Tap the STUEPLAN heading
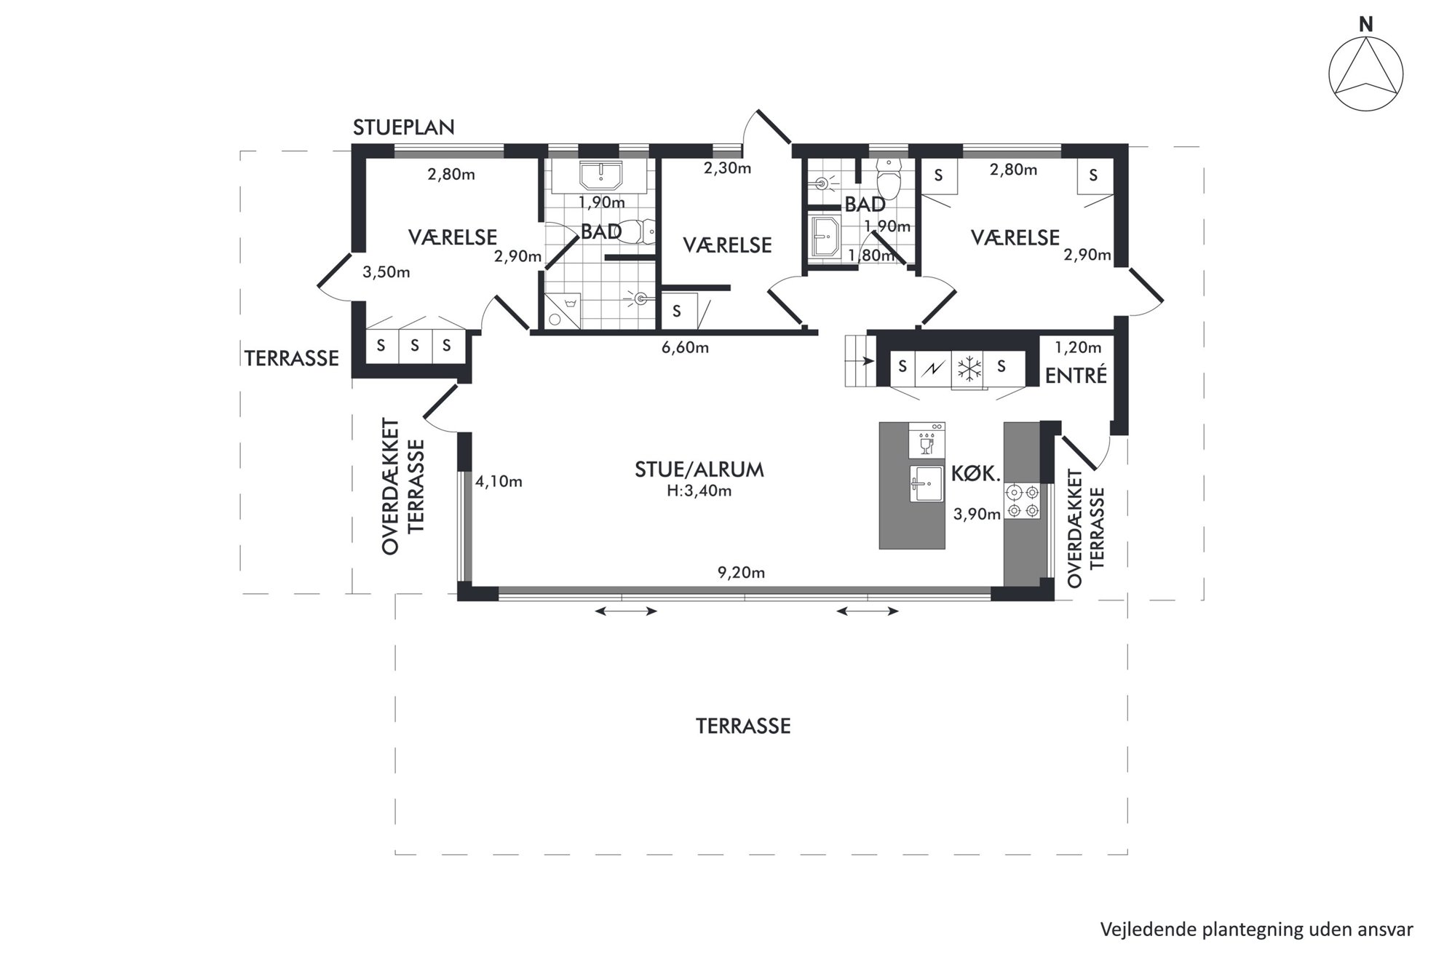tap(404, 127)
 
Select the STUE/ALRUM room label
tap(699, 469)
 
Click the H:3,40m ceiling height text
tap(699, 491)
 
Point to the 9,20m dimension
tap(741, 573)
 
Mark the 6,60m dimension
tap(685, 348)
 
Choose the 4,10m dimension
tap(499, 482)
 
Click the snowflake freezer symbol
tap(969, 368)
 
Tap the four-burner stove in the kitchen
tap(1023, 501)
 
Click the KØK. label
tap(976, 474)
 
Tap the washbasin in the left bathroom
tap(600, 176)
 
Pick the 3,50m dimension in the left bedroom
tap(386, 273)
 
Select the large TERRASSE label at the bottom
tap(743, 726)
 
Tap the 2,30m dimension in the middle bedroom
tap(727, 169)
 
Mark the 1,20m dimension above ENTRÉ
tap(1078, 348)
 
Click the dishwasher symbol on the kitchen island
tap(927, 440)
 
